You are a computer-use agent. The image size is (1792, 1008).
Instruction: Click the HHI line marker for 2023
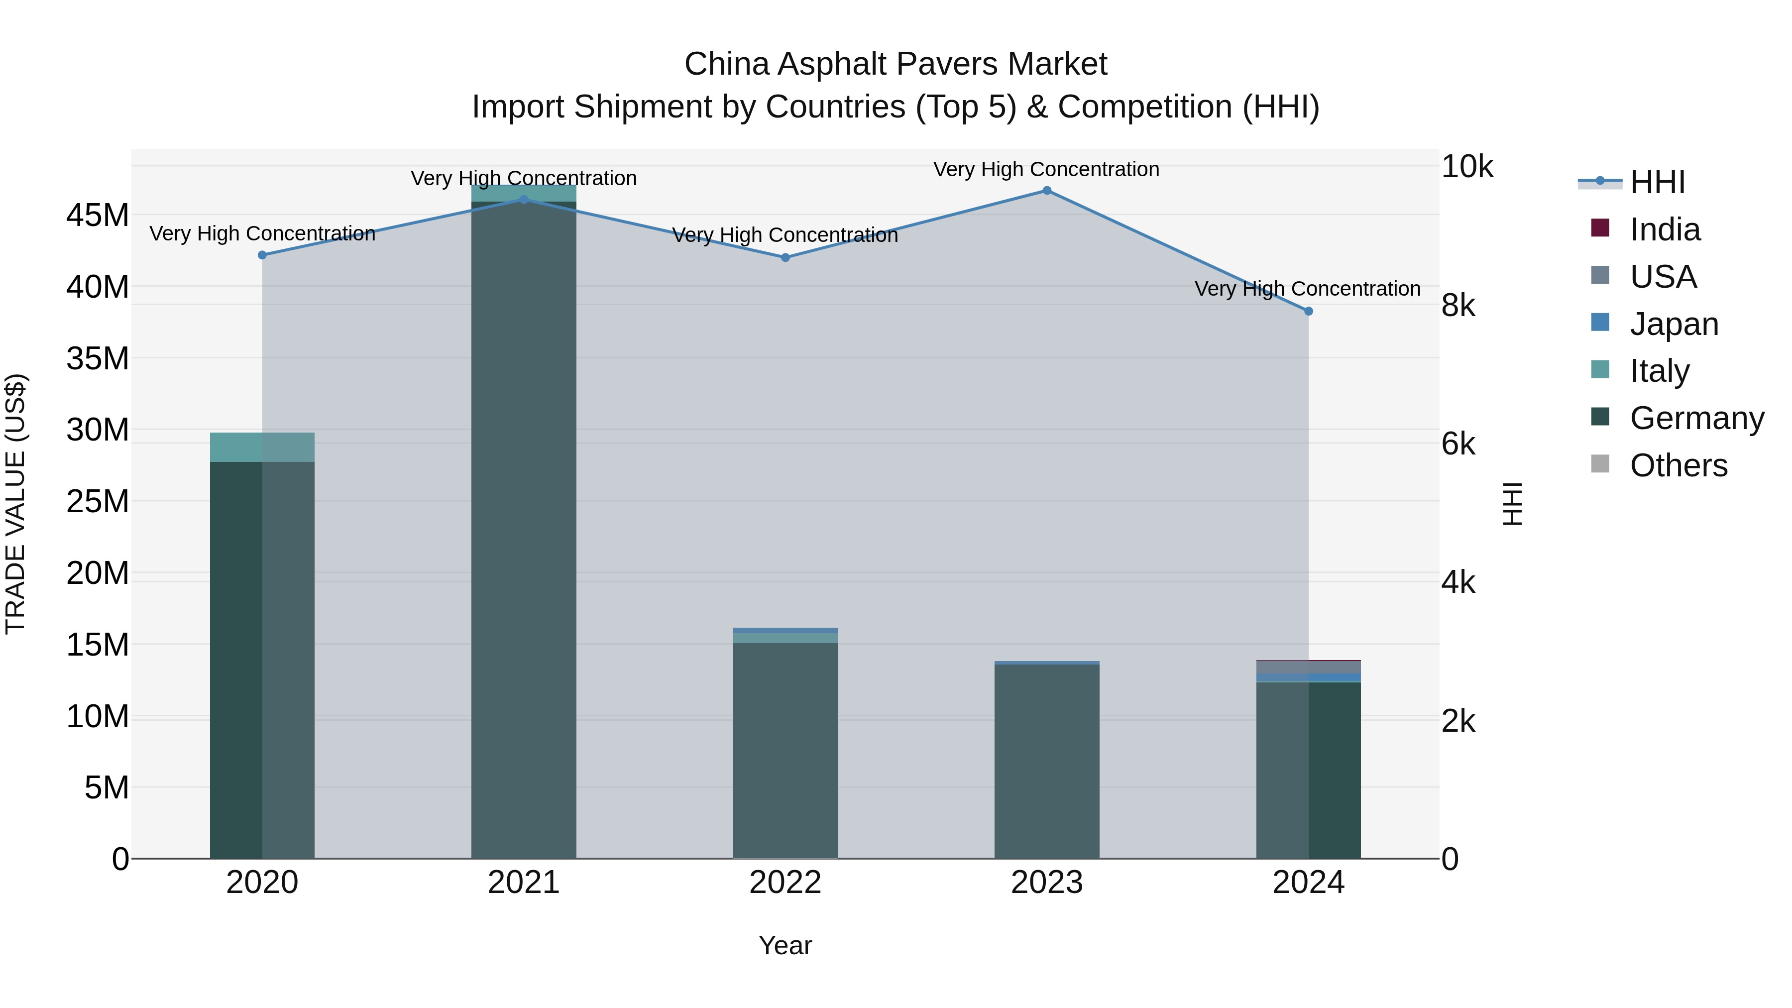coord(1046,191)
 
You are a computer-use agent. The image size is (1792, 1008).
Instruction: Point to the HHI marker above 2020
coord(262,255)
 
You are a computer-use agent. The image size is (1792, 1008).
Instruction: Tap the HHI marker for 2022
coord(785,257)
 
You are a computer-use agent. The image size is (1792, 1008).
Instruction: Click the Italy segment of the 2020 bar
coord(262,448)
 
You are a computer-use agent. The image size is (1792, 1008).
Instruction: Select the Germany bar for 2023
coord(1046,761)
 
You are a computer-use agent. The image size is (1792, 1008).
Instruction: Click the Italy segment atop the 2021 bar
coord(524,194)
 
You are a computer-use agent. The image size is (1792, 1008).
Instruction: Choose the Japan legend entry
coord(1674,324)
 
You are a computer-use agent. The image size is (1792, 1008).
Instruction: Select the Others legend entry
coord(1678,465)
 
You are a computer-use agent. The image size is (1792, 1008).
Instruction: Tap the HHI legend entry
coord(1657,182)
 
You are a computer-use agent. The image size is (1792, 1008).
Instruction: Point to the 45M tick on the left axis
coord(98,215)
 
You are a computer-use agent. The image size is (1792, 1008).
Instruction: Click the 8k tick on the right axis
coord(1458,306)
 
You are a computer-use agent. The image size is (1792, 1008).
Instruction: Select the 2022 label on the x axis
coord(785,883)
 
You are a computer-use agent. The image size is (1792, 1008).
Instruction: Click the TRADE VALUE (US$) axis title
coord(16,504)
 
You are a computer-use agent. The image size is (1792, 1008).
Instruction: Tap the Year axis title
coord(785,945)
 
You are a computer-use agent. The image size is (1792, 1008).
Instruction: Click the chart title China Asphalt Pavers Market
coord(896,64)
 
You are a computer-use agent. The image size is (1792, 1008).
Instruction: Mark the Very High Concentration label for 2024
coord(1307,289)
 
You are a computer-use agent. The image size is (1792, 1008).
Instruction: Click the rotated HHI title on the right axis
coord(1512,504)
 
